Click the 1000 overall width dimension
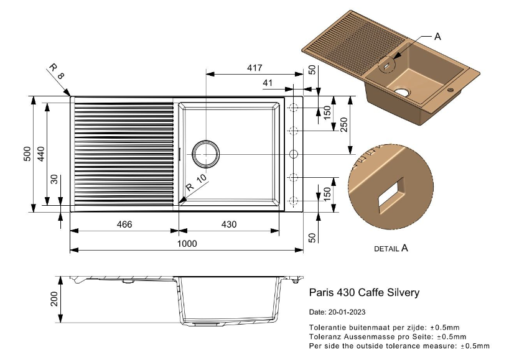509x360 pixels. click(x=187, y=244)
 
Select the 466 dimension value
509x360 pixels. click(x=124, y=224)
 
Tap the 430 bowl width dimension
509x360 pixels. click(x=228, y=224)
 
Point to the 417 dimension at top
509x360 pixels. click(x=254, y=67)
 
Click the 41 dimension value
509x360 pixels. click(x=268, y=83)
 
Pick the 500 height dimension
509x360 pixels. click(x=27, y=154)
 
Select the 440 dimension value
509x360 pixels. click(x=41, y=154)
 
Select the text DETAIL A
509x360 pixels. click(x=391, y=248)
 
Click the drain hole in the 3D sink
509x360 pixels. click(x=402, y=91)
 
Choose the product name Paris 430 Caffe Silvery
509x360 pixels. click(x=364, y=292)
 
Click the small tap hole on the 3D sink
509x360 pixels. click(x=452, y=90)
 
